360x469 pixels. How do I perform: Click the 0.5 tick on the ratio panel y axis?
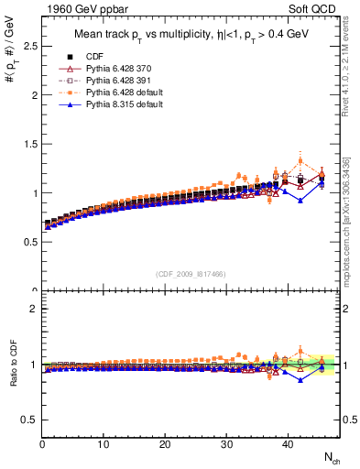(29, 420)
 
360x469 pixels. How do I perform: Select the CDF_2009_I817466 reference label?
(190, 273)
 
